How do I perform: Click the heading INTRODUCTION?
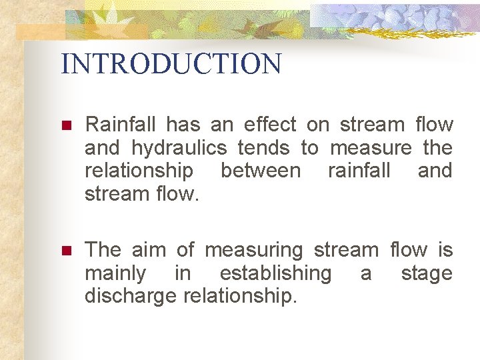coord(171,64)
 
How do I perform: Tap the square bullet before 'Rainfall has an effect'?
coord(65,125)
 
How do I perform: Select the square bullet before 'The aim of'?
coord(65,251)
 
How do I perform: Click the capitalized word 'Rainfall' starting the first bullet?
coord(121,125)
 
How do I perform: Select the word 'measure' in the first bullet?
coord(371,147)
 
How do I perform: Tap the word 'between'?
coord(260,171)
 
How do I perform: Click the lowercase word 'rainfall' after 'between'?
coord(359,171)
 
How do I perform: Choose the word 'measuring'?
coord(253,251)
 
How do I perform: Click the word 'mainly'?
coord(115,274)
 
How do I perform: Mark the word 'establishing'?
coord(275,274)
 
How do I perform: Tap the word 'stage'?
coord(426,274)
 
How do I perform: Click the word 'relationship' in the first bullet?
coord(139,171)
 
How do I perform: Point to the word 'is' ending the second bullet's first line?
coord(445,250)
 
